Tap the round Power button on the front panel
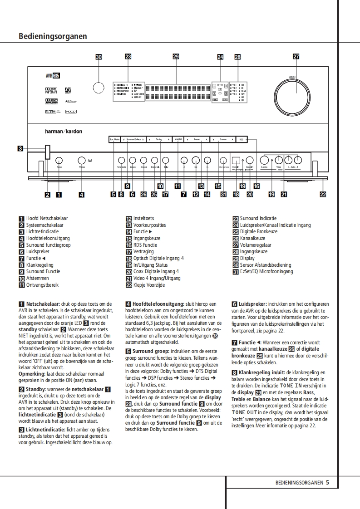coord(59,161)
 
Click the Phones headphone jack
coord(82,161)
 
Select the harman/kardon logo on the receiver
coord(64,132)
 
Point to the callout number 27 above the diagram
coord(296,57)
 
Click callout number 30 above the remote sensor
coord(99,57)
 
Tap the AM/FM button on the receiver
coord(178,140)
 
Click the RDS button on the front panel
coord(242,140)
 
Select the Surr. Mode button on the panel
coord(114,140)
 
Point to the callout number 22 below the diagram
coord(323,195)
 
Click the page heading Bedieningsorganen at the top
coord(53,36)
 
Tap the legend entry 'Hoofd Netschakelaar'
coord(47,218)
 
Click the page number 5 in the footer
coord(327,483)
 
